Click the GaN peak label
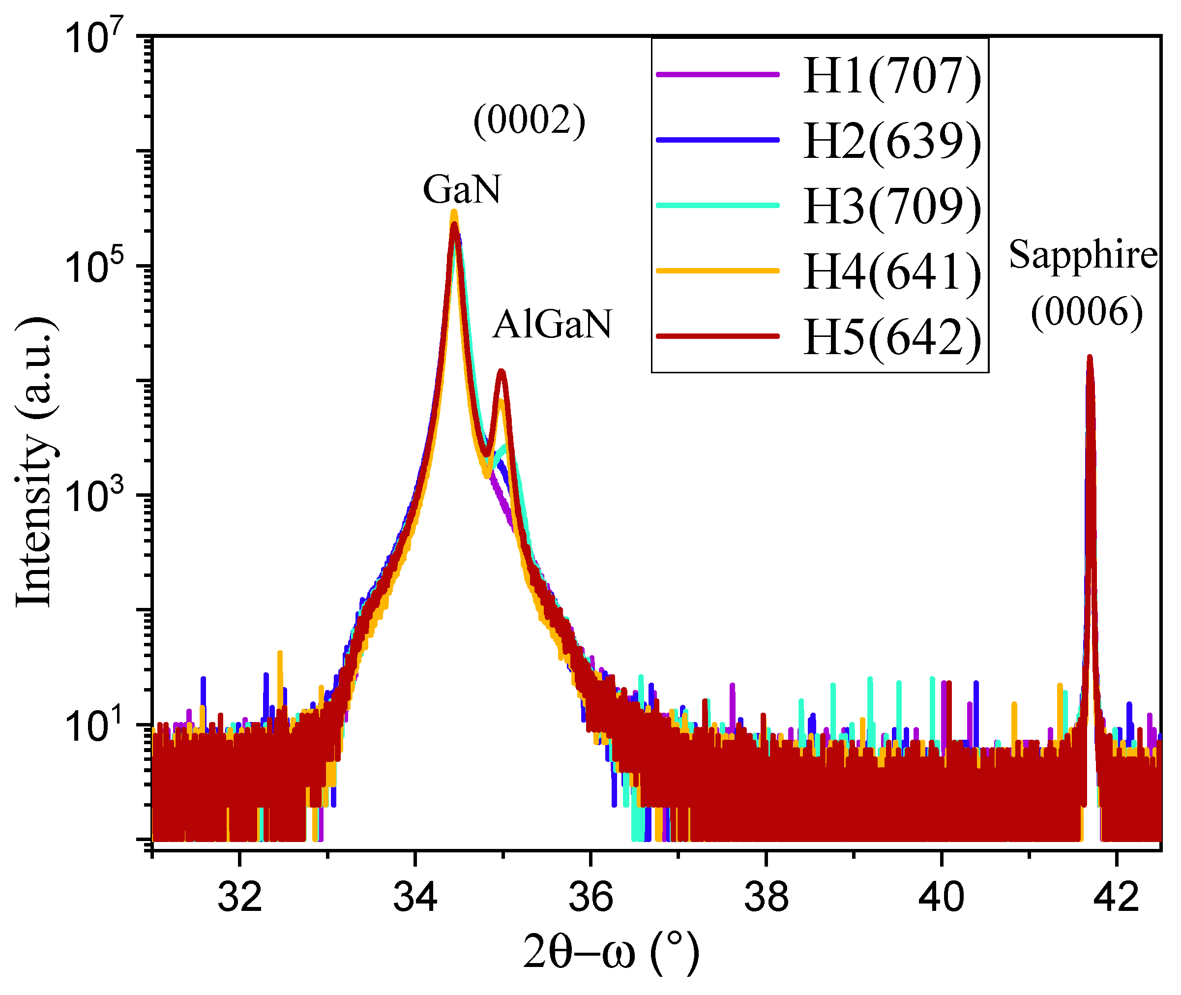[462, 189]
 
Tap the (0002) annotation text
[529, 120]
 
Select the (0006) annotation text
[1086, 312]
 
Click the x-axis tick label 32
[239, 897]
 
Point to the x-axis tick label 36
[590, 897]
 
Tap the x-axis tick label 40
[941, 897]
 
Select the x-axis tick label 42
[1116, 897]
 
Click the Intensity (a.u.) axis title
[35, 462]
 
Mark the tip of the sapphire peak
[1090, 358]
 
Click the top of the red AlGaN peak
[501, 372]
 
